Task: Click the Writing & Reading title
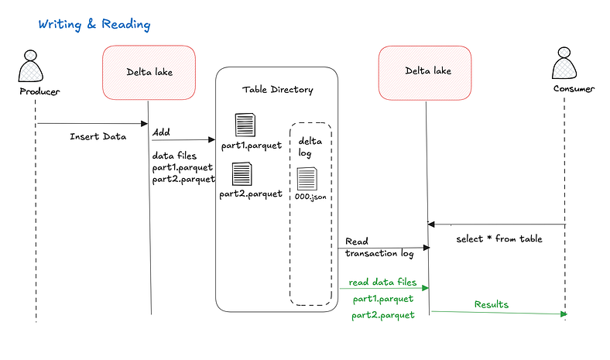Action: coord(94,25)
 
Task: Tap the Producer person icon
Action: coord(31,66)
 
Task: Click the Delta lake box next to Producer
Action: coord(149,73)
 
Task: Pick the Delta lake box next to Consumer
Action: coord(425,73)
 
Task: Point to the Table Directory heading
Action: coord(277,90)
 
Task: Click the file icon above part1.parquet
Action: coord(245,125)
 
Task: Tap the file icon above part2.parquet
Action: coord(242,174)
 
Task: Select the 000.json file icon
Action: coord(307,179)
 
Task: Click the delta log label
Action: coord(310,147)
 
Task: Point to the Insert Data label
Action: coord(98,136)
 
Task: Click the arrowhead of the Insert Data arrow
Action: coord(144,124)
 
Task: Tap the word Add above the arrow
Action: coord(161,132)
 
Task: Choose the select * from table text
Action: coord(499,238)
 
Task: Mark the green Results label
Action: coord(492,304)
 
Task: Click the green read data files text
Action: coord(382,282)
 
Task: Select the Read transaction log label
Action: coord(379,248)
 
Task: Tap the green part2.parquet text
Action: coord(383,315)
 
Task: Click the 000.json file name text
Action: coord(310,197)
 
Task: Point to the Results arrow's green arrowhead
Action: coord(564,314)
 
